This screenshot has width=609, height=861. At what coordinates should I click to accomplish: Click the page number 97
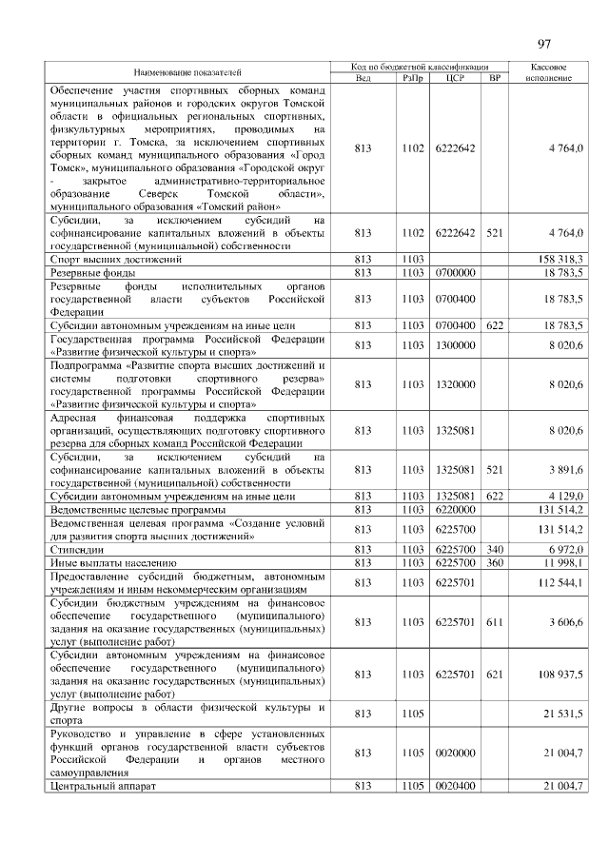(544, 44)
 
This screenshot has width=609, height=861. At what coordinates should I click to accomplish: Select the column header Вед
(362, 77)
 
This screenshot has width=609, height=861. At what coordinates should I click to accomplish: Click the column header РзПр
(411, 77)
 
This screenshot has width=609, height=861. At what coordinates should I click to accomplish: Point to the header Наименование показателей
(187, 71)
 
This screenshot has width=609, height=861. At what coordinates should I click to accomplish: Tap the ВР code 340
(494, 550)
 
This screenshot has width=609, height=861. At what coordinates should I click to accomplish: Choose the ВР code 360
(494, 563)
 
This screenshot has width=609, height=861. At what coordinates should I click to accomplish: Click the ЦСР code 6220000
(454, 510)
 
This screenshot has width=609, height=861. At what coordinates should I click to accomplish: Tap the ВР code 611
(494, 622)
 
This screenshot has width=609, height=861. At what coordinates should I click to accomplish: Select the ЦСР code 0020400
(454, 785)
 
